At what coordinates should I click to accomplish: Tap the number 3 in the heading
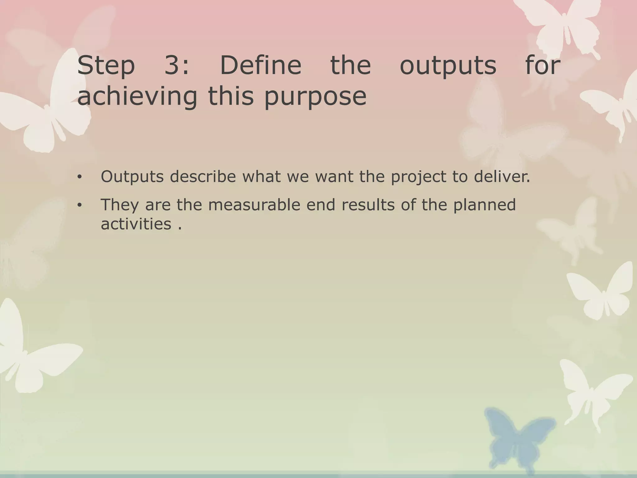pyautogui.click(x=173, y=65)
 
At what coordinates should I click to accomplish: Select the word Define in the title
pyautogui.click(x=261, y=65)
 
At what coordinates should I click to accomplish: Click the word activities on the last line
pyautogui.click(x=136, y=224)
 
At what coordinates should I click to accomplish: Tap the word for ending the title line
pyautogui.click(x=543, y=65)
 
